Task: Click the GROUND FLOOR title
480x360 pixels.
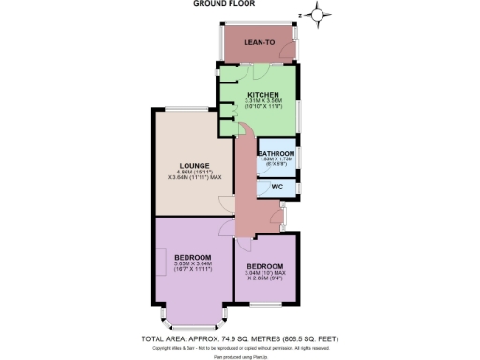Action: (240, 4)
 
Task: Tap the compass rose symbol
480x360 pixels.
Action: (320, 13)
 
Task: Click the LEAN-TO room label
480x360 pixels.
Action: (258, 43)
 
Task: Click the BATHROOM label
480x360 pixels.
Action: (277, 153)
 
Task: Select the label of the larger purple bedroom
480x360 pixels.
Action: (192, 257)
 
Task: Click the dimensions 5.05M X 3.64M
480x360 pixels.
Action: (192, 263)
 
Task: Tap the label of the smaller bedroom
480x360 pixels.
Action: (265, 266)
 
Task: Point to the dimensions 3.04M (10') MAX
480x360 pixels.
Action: (265, 273)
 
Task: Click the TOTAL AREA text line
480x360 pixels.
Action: (240, 337)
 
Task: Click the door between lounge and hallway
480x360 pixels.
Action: (225, 204)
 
